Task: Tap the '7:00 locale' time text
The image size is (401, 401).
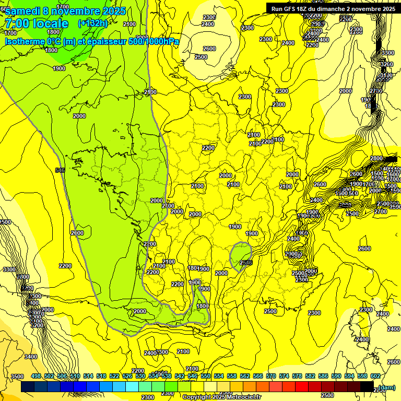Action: tap(36, 23)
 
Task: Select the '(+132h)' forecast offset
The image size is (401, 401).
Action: tap(92, 23)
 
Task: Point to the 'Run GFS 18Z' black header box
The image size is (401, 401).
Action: tap(333, 8)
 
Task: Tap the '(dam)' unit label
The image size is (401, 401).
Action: tap(387, 387)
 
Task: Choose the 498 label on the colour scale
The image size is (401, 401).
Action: tap(36, 376)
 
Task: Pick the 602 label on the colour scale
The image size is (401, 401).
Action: tap(375, 376)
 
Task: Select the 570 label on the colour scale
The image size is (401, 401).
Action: tap(271, 376)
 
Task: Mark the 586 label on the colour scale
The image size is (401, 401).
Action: tap(323, 376)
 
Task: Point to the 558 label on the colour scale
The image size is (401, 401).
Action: tap(232, 376)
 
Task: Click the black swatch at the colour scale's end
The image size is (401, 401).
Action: tap(367, 387)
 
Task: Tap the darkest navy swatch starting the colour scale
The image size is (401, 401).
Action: tap(28, 387)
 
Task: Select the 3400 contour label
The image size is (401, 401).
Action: tap(31, 357)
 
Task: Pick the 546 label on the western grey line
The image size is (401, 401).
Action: tap(60, 170)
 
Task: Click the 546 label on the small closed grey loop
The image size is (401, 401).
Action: tap(246, 263)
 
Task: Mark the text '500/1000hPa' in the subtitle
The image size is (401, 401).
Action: tap(154, 41)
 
